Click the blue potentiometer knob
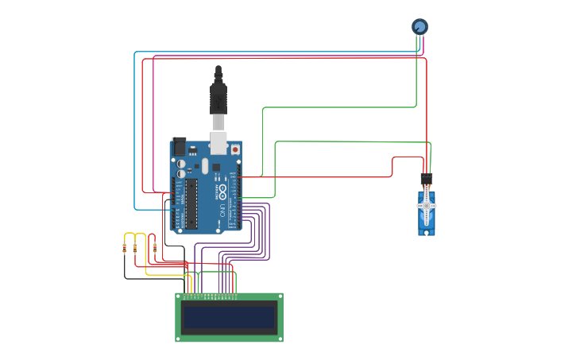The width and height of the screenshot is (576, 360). pos(419,26)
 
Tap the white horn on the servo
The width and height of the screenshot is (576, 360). pos(427,206)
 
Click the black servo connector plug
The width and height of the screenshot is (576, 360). pos(427,179)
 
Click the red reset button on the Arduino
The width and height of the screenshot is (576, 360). pos(235,149)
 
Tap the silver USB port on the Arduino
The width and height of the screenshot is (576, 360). pos(218,144)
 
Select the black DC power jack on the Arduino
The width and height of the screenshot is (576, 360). pos(179,147)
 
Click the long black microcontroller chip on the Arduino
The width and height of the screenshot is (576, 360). pos(191,203)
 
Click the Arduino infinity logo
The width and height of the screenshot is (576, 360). pos(222,192)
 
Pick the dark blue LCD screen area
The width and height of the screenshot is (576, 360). pos(229,318)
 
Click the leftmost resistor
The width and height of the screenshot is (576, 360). pos(125,248)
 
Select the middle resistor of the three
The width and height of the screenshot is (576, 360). pos(135,248)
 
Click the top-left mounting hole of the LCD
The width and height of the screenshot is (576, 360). pos(179,296)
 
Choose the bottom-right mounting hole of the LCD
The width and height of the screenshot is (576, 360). pos(280,339)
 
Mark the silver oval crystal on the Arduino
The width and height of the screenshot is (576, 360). pos(204,165)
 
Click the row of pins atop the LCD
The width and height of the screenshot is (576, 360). pos(211,296)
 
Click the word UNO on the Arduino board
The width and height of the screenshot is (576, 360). pos(222,211)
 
